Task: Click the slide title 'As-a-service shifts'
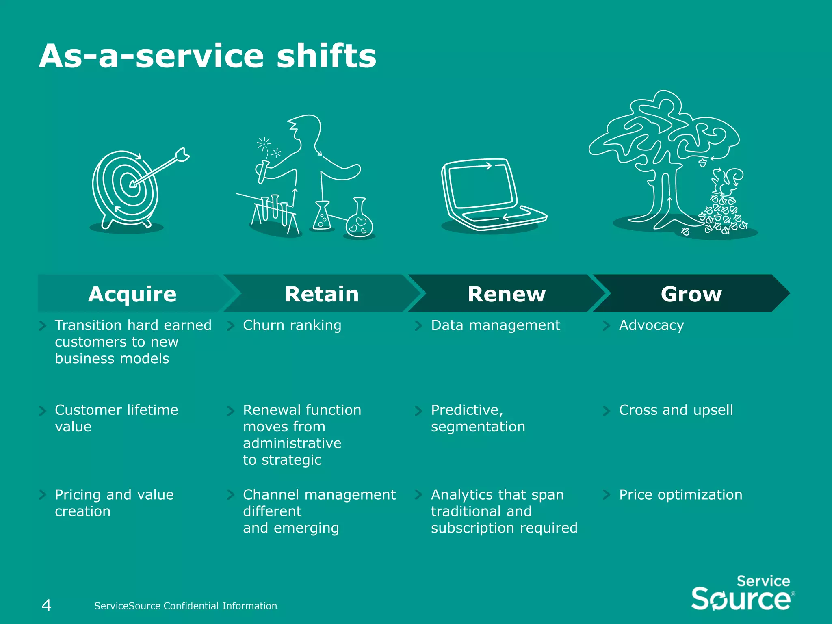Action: tap(208, 56)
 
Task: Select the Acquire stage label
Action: tap(132, 294)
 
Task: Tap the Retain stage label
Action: tap(322, 294)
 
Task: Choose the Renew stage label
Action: tap(507, 294)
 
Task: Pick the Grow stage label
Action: tap(691, 294)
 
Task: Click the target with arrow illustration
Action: tap(130, 187)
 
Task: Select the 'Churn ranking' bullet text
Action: tap(292, 325)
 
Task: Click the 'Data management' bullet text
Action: tap(495, 325)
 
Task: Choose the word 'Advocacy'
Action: tap(651, 325)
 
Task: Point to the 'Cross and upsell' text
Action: tap(676, 410)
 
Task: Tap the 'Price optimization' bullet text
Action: tap(680, 494)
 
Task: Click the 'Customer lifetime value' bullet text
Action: tap(116, 418)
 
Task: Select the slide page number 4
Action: tap(46, 605)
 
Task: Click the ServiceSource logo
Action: tap(742, 593)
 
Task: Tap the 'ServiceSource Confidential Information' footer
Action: tap(185, 606)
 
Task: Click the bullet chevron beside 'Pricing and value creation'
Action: tap(42, 494)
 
